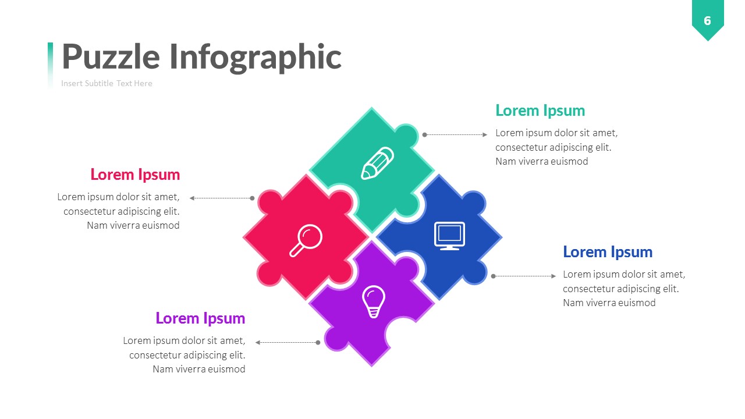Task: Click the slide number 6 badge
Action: point(707,21)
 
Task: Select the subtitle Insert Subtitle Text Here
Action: point(107,83)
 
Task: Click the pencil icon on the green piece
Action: point(377,163)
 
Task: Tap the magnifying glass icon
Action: point(306,240)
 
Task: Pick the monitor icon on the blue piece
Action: point(449,236)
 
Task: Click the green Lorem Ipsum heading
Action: point(540,111)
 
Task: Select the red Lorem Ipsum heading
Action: point(135,175)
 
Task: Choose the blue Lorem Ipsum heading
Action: point(607,252)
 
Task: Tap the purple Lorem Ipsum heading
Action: point(200,318)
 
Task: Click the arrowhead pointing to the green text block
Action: point(485,134)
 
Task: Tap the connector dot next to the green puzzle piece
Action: point(425,134)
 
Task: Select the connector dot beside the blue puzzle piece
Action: point(493,276)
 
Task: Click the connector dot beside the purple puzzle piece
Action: point(318,342)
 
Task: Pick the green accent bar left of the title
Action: point(50,64)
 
